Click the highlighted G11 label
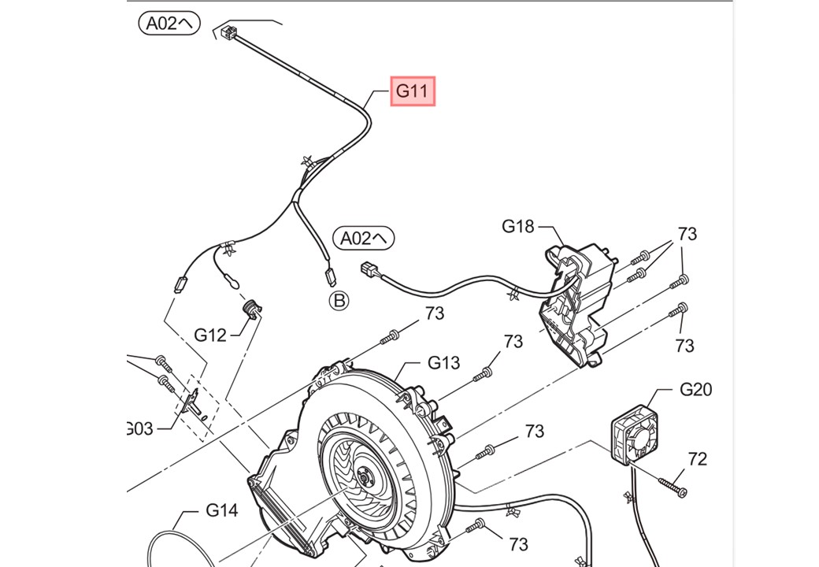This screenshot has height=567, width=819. pos(412,91)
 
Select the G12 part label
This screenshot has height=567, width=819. pos(210,335)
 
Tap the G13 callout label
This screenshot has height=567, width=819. pos(443,363)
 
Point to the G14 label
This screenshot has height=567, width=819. pos(221,510)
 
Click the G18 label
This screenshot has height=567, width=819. pos(517,227)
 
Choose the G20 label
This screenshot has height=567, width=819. pos(695,389)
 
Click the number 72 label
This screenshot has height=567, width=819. pos(697,458)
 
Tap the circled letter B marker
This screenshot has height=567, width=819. pos(338,300)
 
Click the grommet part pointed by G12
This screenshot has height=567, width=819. pos(251,309)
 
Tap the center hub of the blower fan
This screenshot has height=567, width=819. pos(364,476)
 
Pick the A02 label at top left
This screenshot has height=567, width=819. pos(169,24)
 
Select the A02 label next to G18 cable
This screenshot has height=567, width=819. pos(363,238)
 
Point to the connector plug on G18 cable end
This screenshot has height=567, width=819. pos(368,269)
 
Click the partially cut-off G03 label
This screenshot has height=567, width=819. pos(139,429)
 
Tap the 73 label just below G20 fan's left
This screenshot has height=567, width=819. pos(534,432)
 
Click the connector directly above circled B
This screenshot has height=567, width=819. pos(329,276)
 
